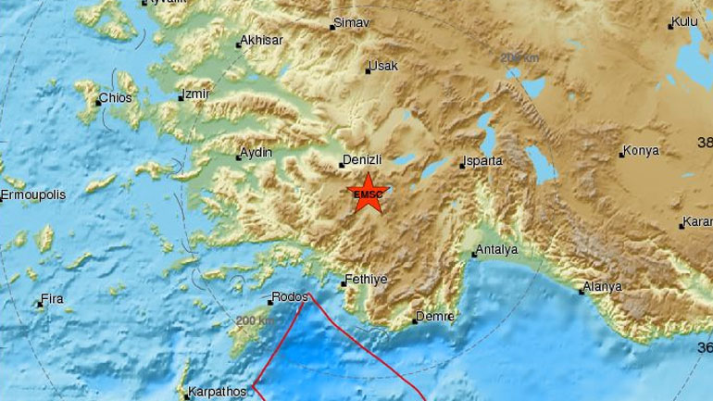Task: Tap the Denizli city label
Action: coord(362,159)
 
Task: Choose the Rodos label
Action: coord(288,299)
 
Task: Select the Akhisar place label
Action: coord(262,41)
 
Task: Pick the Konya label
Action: coord(642,150)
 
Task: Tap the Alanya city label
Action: coord(603,287)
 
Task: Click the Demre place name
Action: coord(435,317)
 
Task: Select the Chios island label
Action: coord(117,98)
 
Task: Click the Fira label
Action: coord(52,300)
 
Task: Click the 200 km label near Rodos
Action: coord(255,320)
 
